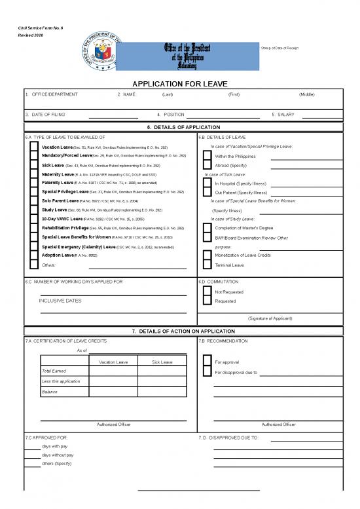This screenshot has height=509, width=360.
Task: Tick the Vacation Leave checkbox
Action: (x=35, y=147)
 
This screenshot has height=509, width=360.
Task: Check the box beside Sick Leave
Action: (x=35, y=166)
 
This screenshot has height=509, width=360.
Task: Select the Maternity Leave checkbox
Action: (x=35, y=175)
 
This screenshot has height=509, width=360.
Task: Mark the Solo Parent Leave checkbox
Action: (x=35, y=202)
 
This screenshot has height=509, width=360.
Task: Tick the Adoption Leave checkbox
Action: (x=35, y=256)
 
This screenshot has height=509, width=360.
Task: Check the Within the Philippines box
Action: (x=207, y=157)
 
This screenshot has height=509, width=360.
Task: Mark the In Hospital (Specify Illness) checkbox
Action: (x=207, y=184)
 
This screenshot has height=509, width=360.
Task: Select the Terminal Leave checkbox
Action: (x=207, y=265)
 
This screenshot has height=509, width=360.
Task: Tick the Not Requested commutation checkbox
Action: (x=207, y=292)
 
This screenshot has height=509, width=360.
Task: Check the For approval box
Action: (x=207, y=362)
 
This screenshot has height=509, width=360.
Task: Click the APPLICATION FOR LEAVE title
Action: (x=179, y=84)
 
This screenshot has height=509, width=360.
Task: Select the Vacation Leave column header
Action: (x=113, y=362)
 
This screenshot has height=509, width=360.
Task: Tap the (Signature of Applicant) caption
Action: (x=269, y=318)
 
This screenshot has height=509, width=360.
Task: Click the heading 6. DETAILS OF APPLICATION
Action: (x=179, y=127)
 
